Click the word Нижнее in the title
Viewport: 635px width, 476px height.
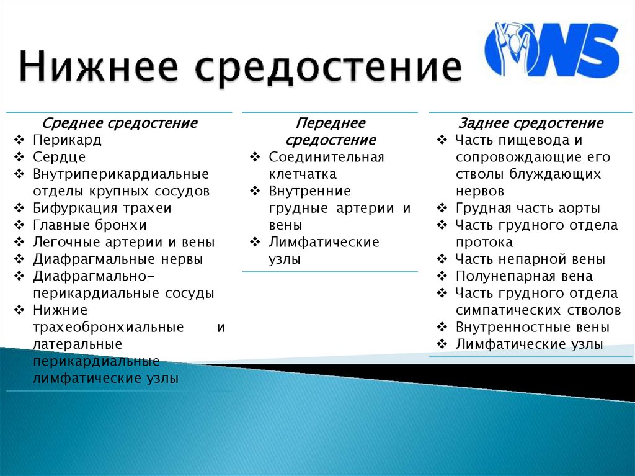[x=99, y=69]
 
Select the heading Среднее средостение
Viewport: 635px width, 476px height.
[x=120, y=123]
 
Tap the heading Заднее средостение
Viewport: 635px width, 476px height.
[x=530, y=123]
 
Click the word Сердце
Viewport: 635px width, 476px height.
[x=60, y=156]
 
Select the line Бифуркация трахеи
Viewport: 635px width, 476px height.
[x=102, y=208]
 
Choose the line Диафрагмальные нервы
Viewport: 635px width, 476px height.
[x=118, y=259]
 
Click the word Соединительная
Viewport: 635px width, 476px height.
[x=326, y=157]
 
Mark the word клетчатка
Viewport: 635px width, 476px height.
[x=303, y=174]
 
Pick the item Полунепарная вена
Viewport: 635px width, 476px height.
[x=524, y=276]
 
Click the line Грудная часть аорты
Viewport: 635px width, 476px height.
[x=527, y=208]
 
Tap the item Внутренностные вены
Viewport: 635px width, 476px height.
[x=532, y=327]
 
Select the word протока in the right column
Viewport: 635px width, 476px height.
[x=484, y=242]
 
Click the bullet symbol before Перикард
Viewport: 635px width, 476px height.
[x=20, y=140]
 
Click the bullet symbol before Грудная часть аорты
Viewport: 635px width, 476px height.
[x=442, y=209]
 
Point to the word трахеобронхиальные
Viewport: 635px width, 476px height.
[x=109, y=327]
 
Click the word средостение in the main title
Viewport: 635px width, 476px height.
[x=329, y=69]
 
